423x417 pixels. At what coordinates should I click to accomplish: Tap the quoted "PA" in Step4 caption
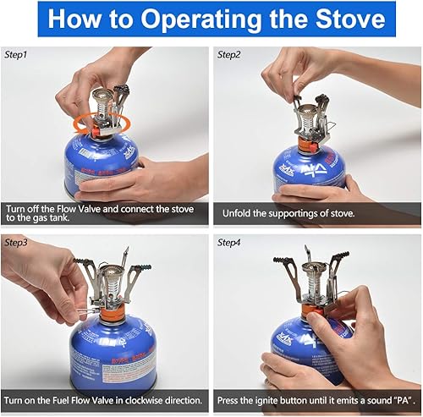point(397,400)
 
